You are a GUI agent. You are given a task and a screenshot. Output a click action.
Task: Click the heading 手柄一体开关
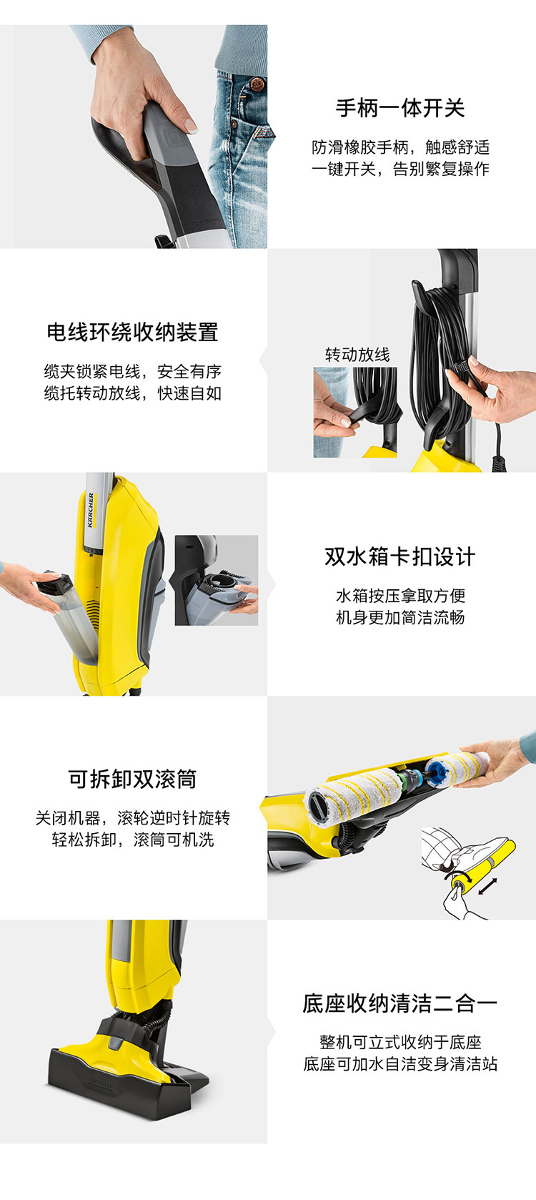pyautogui.click(x=400, y=108)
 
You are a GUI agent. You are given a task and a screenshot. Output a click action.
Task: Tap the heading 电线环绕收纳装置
pyautogui.click(x=133, y=332)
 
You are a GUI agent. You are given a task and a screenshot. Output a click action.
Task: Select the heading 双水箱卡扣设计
pyautogui.click(x=400, y=556)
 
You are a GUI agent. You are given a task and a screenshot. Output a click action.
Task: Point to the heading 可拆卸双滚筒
pyautogui.click(x=133, y=779)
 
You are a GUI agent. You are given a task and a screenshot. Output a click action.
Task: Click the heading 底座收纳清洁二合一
pyautogui.click(x=400, y=1003)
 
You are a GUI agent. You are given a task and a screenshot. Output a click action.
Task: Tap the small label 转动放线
pyautogui.click(x=357, y=355)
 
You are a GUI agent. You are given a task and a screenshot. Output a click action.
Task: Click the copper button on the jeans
pyautogui.click(x=257, y=84)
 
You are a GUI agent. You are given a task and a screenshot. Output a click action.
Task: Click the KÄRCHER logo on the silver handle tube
pyautogui.click(x=91, y=509)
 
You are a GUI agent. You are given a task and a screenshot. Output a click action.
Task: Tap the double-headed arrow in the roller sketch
pyautogui.click(x=488, y=886)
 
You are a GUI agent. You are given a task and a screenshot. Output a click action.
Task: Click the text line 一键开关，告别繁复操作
pyautogui.click(x=400, y=169)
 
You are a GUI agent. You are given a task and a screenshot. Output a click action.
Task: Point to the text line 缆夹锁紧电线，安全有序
pyautogui.click(x=133, y=371)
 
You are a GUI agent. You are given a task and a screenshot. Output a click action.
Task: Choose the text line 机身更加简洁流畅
pyautogui.click(x=400, y=618)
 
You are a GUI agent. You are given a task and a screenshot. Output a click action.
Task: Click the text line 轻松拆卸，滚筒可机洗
pyautogui.click(x=133, y=840)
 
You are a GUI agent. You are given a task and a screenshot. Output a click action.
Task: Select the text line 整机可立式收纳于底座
pyautogui.click(x=400, y=1042)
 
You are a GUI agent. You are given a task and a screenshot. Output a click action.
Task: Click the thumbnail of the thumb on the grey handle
pyautogui.click(x=191, y=127)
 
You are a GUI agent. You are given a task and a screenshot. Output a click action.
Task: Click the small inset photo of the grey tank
pyautogui.click(x=217, y=580)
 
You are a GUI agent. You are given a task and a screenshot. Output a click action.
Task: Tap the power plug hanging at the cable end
pyautogui.click(x=499, y=462)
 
